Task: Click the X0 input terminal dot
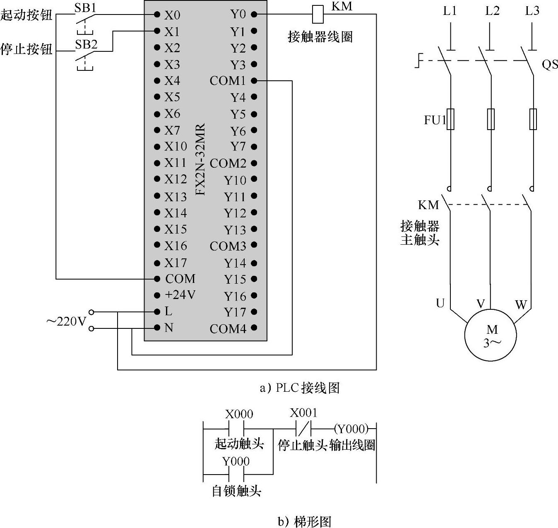pyautogui.click(x=157, y=14)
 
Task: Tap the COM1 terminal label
pyautogui.click(x=227, y=81)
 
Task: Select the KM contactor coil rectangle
pyautogui.click(x=317, y=14)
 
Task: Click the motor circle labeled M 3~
pyautogui.click(x=491, y=335)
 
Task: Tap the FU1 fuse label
pyautogui.click(x=435, y=120)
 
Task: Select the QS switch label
pyautogui.click(x=550, y=65)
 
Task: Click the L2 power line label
pyautogui.click(x=492, y=11)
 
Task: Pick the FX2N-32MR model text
pyautogui.click(x=200, y=160)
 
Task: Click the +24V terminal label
pyautogui.click(x=180, y=295)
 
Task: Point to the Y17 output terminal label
pyautogui.click(x=235, y=312)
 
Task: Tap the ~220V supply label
pyautogui.click(x=66, y=321)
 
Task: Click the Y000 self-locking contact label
pyautogui.click(x=236, y=461)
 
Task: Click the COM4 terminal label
pyautogui.click(x=228, y=329)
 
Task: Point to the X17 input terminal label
pyautogui.click(x=176, y=263)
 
